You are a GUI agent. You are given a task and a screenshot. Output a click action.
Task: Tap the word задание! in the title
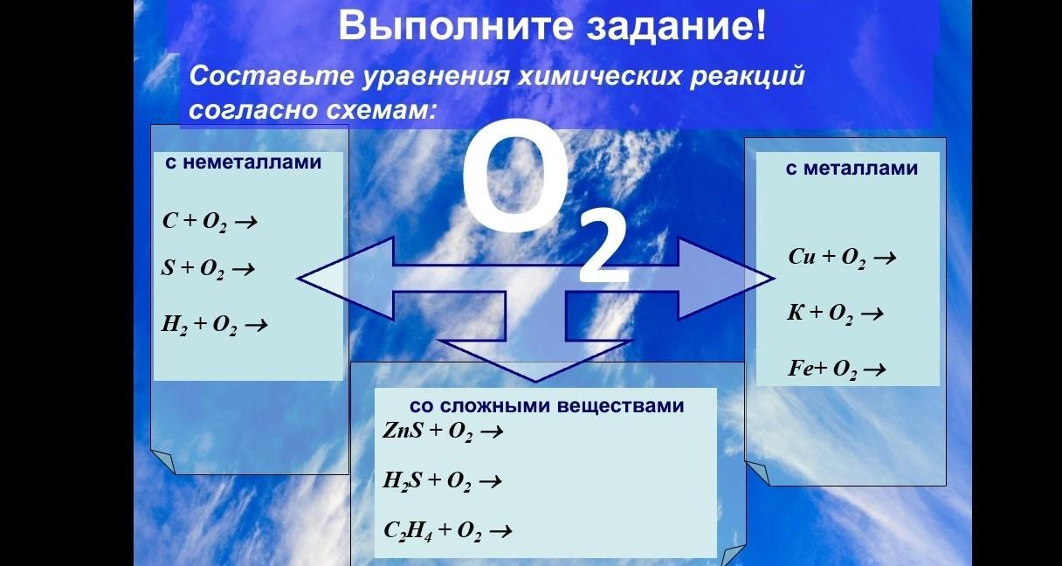[676, 27]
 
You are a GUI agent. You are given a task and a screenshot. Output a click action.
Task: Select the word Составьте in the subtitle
[272, 76]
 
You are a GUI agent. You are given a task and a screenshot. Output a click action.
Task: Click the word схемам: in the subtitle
[381, 110]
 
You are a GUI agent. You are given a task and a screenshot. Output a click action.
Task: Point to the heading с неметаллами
[243, 162]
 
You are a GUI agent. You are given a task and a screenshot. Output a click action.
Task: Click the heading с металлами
[852, 169]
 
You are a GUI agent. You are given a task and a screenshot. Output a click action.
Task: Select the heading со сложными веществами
[547, 406]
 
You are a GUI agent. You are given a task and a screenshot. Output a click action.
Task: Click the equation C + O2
[210, 222]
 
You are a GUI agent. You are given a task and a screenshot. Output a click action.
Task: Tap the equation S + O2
[208, 269]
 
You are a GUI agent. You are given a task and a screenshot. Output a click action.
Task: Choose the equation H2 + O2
[214, 325]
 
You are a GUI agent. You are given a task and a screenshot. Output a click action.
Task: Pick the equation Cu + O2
[842, 258]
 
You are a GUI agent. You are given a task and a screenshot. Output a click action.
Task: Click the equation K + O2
[835, 314]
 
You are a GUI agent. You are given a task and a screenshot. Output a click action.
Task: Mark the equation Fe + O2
[837, 369]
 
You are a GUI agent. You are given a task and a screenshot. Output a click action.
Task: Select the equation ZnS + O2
[442, 431]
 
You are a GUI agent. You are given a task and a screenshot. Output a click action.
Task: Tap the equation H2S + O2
[442, 481]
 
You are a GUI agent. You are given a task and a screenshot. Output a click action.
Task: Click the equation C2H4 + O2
[447, 531]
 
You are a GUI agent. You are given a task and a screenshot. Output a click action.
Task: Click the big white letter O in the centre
[515, 177]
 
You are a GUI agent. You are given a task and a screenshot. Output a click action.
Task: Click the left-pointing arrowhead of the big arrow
[346, 279]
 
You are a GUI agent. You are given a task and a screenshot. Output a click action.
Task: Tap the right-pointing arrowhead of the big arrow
[727, 279]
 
